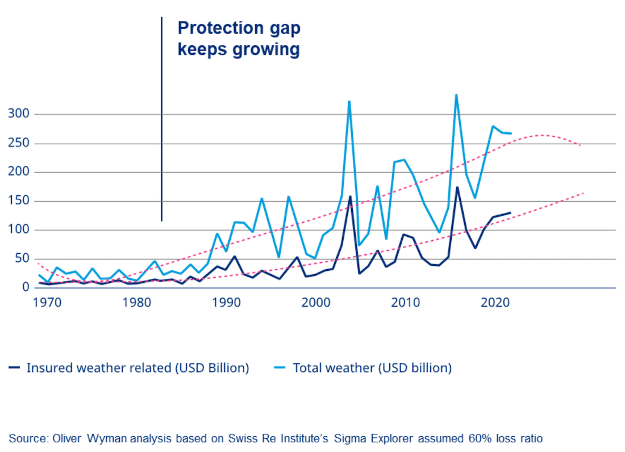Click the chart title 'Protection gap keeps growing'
click(239, 39)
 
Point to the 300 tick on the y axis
click(20, 114)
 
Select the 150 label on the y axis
click(20, 201)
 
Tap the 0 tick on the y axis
click(26, 287)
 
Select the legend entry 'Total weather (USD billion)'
click(372, 368)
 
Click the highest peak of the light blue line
click(456, 95)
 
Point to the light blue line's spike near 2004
click(349, 102)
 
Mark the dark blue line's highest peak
click(457, 187)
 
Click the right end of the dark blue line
click(510, 213)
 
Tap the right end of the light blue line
click(511, 133)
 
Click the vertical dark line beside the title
click(161, 119)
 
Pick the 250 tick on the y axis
click(20, 143)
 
